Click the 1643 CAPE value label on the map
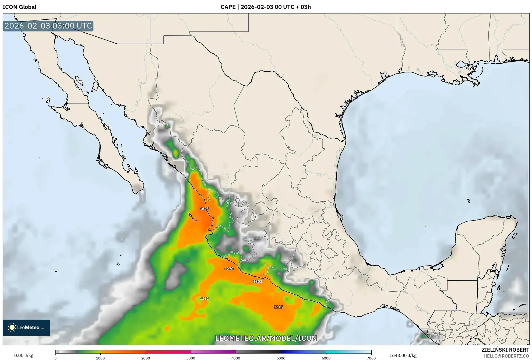[204, 209]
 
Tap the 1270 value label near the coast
[229, 269]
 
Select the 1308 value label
[258, 281]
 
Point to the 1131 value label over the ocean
[204, 298]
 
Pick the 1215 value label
[278, 307]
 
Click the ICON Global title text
[19, 7]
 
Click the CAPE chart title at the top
[266, 7]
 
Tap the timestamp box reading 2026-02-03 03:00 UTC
[48, 26]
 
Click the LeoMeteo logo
[26, 327]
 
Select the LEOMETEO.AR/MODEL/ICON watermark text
[266, 338]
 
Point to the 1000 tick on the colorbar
[100, 358]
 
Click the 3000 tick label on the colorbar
[191, 358]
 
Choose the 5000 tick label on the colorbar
[281, 358]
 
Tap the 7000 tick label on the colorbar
[371, 358]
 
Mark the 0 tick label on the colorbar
[55, 358]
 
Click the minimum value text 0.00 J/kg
[24, 355]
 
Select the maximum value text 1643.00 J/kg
[403, 355]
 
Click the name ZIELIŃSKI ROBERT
[505, 350]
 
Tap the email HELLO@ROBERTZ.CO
[506, 356]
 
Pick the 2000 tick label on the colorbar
[146, 358]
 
